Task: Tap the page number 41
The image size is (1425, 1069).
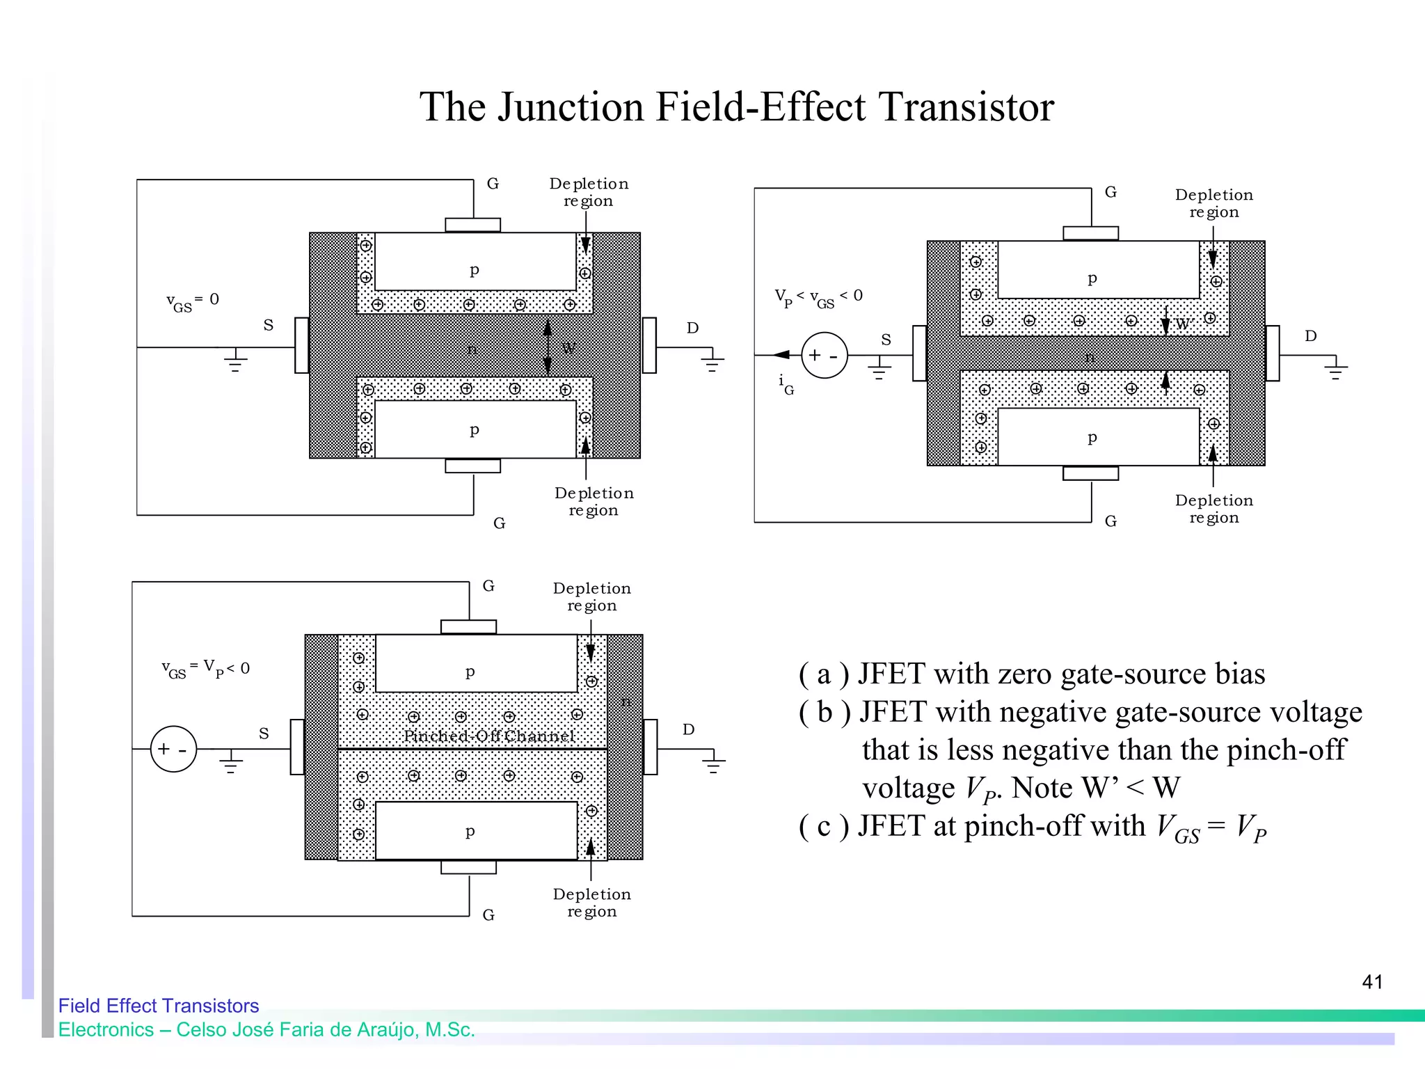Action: tap(1372, 982)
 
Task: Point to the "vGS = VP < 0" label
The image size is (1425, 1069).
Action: tap(205, 669)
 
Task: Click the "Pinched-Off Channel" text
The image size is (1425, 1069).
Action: tap(489, 736)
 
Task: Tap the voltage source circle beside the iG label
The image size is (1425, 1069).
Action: tap(825, 355)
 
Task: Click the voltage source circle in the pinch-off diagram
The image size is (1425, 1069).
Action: tap(173, 749)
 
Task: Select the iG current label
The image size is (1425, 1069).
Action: tap(786, 383)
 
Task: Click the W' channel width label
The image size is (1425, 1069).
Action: tap(1184, 324)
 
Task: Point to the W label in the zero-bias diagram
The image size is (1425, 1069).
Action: tap(568, 348)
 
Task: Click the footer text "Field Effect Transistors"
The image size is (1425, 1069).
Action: tap(159, 1006)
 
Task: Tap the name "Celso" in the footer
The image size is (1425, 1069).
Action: tap(201, 1029)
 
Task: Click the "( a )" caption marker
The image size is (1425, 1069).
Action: tap(824, 674)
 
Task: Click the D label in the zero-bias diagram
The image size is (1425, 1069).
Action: tap(692, 328)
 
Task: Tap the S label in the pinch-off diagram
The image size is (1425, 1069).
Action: tap(264, 734)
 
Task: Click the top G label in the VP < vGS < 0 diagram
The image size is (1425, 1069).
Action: tap(1110, 192)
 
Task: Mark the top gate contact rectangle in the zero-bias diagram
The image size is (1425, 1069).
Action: tap(472, 225)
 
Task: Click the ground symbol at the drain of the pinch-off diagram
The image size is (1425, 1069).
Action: tap(712, 764)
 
